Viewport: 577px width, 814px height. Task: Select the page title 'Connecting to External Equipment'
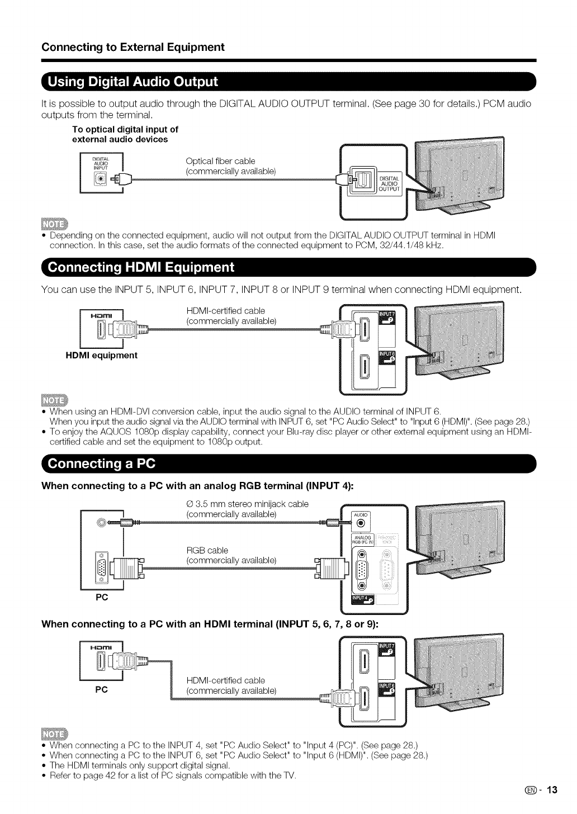pyautogui.click(x=133, y=47)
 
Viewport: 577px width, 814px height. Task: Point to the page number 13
pyautogui.click(x=552, y=790)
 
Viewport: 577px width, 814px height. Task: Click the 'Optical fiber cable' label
pyautogui.click(x=220, y=161)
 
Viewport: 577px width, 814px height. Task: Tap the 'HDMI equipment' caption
pyautogui.click(x=101, y=355)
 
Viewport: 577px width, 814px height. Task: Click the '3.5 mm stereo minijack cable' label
pyautogui.click(x=247, y=504)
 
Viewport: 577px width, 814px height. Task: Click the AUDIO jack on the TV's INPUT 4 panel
pyautogui.click(x=361, y=523)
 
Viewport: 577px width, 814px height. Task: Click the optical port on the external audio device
pyautogui.click(x=101, y=179)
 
